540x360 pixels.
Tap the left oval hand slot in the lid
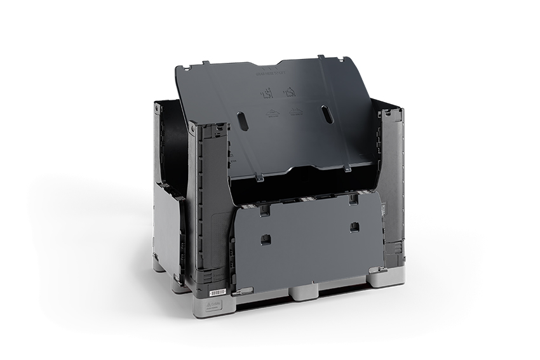pos(242,121)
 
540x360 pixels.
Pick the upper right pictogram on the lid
pos(290,93)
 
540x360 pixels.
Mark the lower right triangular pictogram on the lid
pos(295,112)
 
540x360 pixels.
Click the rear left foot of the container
pos(158,263)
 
